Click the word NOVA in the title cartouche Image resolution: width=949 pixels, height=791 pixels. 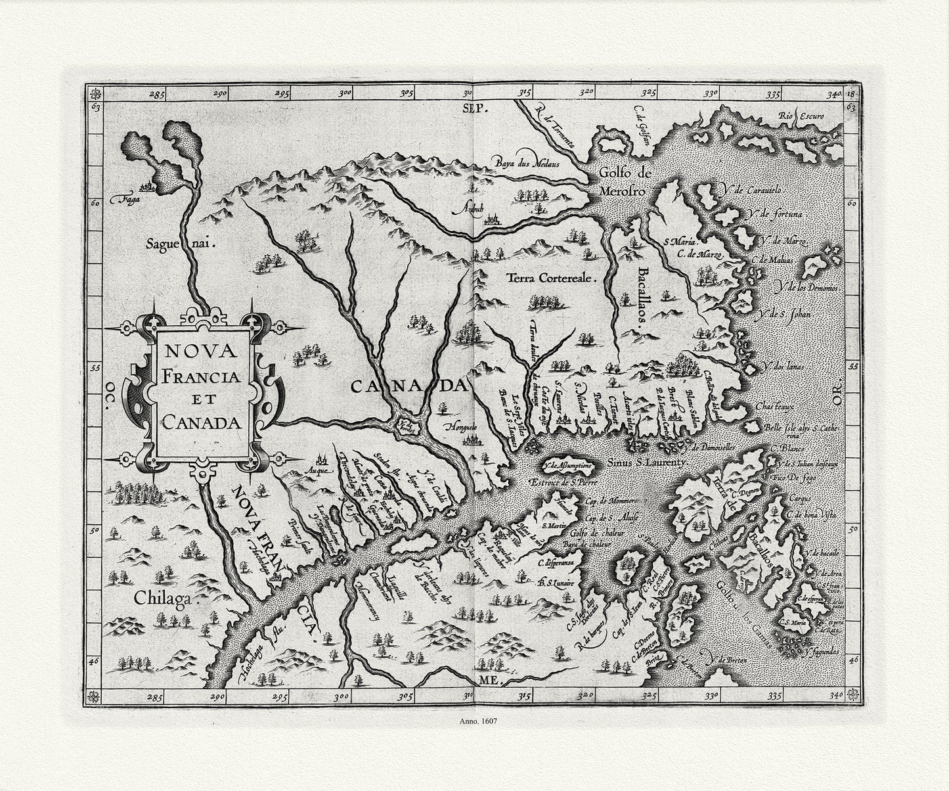(x=201, y=351)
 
